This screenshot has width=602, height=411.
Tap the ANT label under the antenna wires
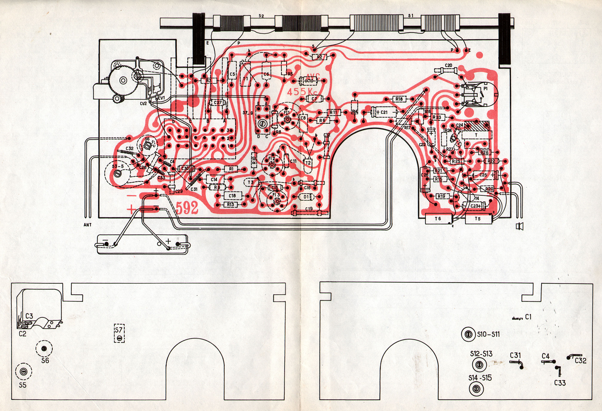88,225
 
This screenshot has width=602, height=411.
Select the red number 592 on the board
187,207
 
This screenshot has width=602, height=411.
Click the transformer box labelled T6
438,219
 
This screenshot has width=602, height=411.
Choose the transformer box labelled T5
478,219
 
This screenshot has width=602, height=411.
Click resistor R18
399,99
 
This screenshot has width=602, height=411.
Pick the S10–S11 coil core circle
468,334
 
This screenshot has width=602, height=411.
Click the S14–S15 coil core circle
476,389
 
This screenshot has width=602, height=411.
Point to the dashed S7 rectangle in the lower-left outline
119,333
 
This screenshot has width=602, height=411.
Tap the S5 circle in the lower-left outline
23,371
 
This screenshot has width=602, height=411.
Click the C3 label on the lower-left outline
29,316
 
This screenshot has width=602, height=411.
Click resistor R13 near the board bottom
230,205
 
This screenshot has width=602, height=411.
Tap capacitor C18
232,196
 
